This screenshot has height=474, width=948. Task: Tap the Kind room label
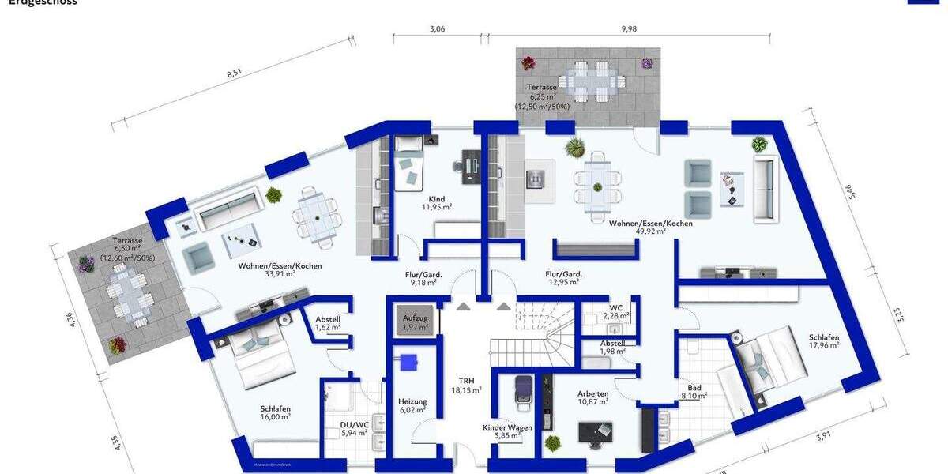436,203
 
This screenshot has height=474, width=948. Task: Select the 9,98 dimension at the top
629,28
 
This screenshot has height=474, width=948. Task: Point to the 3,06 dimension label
437,28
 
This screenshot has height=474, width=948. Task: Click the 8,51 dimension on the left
234,74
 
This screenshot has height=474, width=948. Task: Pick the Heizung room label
412,405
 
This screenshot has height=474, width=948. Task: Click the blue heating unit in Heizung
408,362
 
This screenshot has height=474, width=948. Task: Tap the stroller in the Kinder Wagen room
524,392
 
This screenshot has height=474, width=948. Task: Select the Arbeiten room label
592,397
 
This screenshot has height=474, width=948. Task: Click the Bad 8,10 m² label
694,392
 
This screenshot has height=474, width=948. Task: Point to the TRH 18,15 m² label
466,385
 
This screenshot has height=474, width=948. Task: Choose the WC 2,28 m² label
617,312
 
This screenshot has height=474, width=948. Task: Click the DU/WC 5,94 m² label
353,428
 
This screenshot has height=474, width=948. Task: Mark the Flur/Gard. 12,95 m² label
562,277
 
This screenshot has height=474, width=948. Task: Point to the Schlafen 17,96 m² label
823,340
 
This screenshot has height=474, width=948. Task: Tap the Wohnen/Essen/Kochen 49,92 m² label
650,228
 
